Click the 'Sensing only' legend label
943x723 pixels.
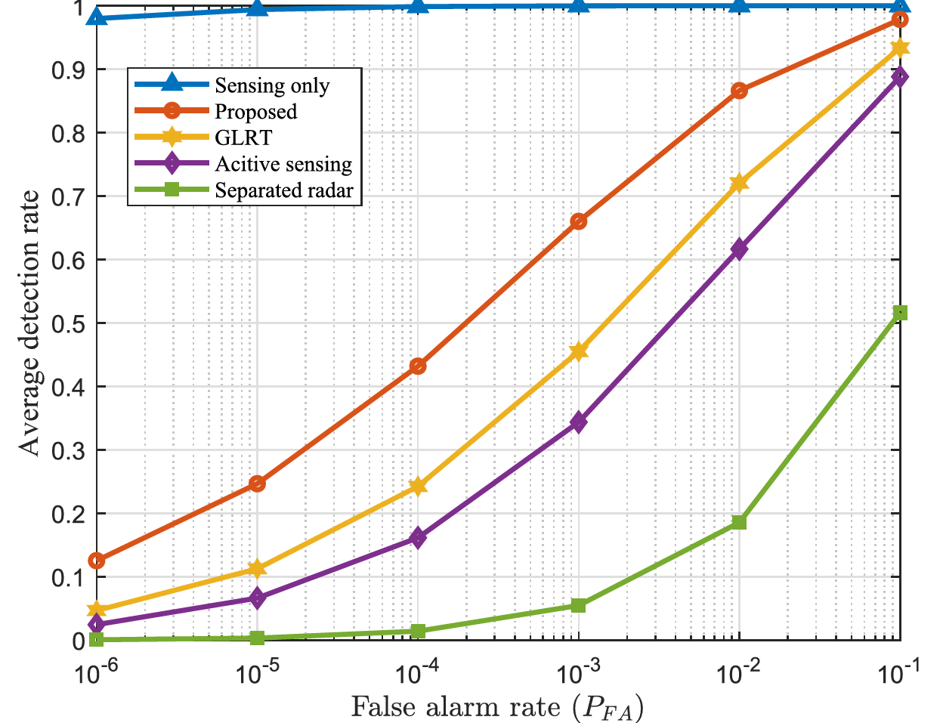tap(272, 86)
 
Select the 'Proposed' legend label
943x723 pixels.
tap(255, 112)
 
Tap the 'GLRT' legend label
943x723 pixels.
tap(243, 138)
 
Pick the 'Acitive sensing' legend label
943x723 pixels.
tap(283, 164)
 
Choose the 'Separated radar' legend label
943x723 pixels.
tap(284, 190)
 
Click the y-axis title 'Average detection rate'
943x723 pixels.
tap(29, 323)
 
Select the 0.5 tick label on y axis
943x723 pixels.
tap(69, 323)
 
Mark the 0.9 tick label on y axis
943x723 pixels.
tap(69, 70)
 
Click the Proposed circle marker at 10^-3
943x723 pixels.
tap(579, 221)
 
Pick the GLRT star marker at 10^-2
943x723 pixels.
tap(739, 184)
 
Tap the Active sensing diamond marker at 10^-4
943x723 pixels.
tap(418, 538)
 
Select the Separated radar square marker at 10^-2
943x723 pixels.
tap(739, 522)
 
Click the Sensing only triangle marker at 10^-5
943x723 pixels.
tap(257, 8)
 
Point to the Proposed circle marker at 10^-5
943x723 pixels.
tap(257, 484)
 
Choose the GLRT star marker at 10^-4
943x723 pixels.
tap(418, 486)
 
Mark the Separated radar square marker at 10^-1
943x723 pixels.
tap(899, 313)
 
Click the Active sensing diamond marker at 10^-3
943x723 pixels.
tap(579, 422)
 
